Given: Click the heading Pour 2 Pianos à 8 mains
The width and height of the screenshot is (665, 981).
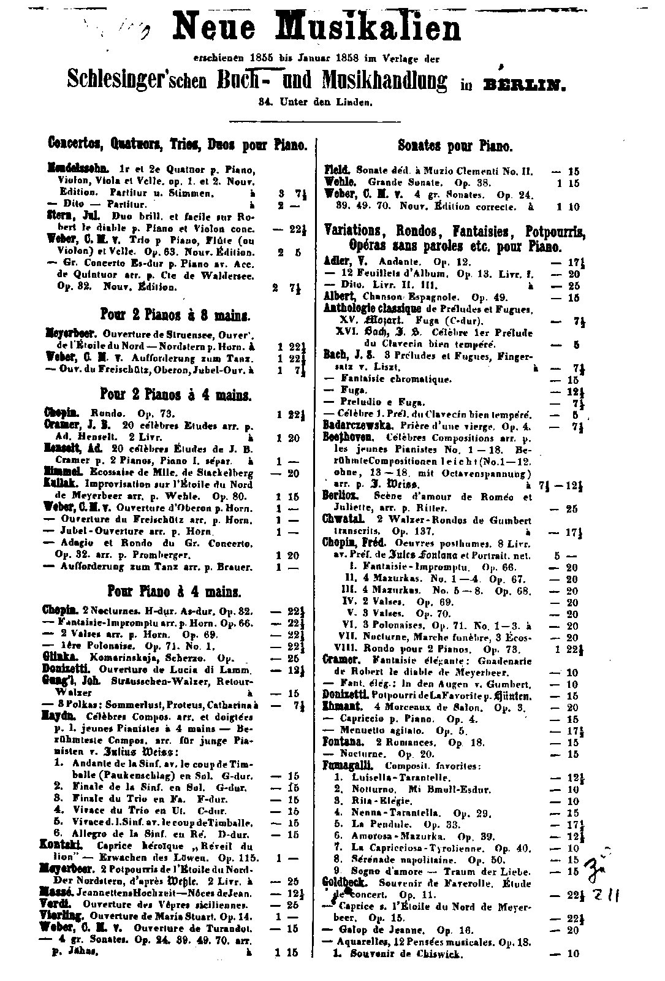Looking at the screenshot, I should tap(178, 316).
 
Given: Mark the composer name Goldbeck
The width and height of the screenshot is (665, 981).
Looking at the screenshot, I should tap(344, 882).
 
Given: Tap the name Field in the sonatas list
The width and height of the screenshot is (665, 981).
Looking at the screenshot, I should tap(336, 171).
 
